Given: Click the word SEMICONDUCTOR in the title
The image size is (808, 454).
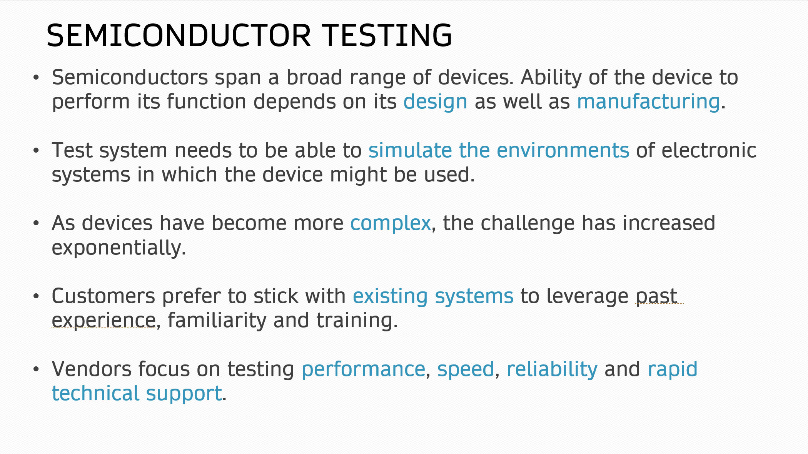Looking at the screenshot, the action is [x=179, y=35].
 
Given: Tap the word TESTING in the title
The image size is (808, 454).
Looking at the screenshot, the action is [x=387, y=35].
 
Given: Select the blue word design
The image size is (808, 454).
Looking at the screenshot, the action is [x=435, y=102].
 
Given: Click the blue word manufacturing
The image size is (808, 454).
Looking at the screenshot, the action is [x=648, y=102].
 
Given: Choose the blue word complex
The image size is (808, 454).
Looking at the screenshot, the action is [x=390, y=224].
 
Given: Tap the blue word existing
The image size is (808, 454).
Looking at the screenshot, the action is [x=390, y=296].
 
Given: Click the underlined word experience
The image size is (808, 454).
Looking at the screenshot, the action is [x=104, y=321].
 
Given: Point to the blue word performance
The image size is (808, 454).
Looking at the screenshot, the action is [x=363, y=370].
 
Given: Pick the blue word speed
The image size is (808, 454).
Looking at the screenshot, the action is [x=466, y=370].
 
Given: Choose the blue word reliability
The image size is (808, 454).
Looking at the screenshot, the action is [x=552, y=369].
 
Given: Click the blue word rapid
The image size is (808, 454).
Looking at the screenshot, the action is [x=673, y=369].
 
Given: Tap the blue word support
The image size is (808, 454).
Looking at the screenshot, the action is [x=184, y=394].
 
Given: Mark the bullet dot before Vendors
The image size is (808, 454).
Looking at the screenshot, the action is [x=36, y=369].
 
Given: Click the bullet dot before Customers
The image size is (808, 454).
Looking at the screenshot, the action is [x=36, y=296].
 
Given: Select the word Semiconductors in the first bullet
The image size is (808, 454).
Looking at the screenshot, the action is [x=130, y=77].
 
